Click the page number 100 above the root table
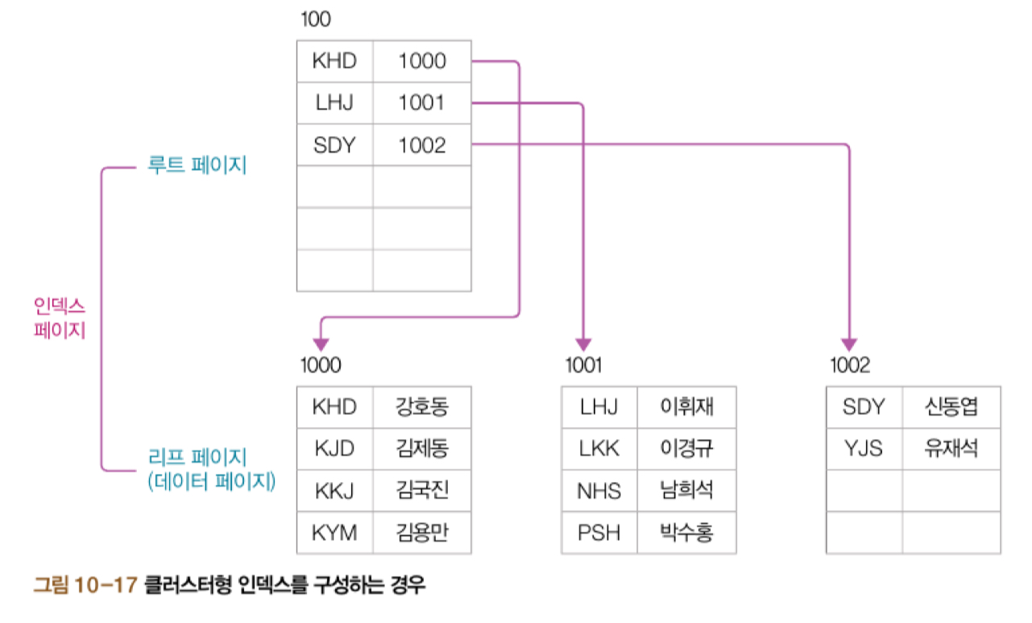tap(315, 19)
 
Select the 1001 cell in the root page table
tap(421, 103)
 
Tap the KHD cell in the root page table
tap(334, 61)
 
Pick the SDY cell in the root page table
tap(334, 145)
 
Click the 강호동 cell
tap(421, 406)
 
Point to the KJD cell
tap(334, 448)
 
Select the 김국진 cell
tap(421, 490)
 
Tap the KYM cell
tap(334, 532)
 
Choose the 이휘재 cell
tap(686, 406)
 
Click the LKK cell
tap(599, 448)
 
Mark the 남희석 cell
tap(686, 490)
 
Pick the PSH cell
tap(599, 532)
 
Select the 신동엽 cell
tap(951, 406)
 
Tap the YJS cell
tap(864, 448)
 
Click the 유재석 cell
tap(951, 448)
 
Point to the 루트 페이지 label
tap(197, 167)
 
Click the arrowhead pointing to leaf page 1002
tap(849, 344)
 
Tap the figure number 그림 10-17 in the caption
tap(84, 585)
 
